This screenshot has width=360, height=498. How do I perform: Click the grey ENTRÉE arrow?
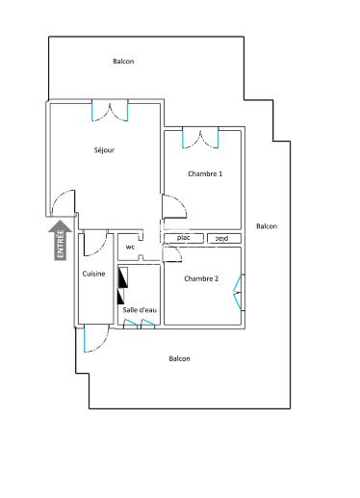[61, 240]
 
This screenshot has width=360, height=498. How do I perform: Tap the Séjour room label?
[105, 149]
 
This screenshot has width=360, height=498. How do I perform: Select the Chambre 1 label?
[204, 173]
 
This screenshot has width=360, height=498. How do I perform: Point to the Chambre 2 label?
[201, 278]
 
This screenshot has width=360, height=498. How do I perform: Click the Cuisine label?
[93, 274]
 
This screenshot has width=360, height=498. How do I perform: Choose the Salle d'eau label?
[140, 309]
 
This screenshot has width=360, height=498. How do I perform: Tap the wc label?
[130, 247]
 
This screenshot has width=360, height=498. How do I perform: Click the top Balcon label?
[123, 61]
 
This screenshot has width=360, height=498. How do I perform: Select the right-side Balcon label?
[267, 226]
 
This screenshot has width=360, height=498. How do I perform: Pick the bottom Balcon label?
[179, 358]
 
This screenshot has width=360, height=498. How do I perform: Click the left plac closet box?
[183, 238]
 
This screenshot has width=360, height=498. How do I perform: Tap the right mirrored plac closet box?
[221, 238]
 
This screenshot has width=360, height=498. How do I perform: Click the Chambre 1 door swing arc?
[173, 206]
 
